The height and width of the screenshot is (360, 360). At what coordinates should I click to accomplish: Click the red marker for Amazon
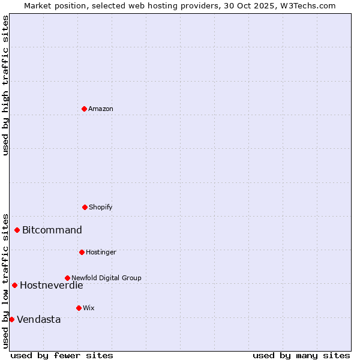85,109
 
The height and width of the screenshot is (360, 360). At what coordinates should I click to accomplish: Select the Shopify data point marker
85,207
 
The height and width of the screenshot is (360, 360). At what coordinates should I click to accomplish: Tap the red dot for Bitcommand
17,230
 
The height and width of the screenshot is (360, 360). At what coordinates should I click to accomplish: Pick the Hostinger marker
82,252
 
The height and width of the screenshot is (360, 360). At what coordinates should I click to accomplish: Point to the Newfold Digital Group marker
67,278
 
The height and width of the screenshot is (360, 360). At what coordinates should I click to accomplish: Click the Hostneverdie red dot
14,285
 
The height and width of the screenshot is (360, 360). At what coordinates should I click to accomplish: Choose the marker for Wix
79,308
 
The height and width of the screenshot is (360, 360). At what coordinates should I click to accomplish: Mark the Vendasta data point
11,319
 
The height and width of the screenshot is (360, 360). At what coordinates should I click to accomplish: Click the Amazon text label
101,109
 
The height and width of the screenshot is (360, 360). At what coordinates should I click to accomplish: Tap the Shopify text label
101,208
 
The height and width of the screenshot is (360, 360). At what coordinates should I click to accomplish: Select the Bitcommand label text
52,230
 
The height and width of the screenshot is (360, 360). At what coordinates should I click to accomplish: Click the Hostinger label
101,253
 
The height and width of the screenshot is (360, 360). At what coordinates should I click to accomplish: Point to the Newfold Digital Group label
106,278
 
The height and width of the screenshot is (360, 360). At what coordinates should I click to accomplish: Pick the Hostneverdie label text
52,286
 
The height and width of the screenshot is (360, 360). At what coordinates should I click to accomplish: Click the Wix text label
89,308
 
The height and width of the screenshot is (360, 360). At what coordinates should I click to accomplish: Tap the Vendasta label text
39,320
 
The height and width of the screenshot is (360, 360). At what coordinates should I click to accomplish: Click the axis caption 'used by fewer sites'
62,355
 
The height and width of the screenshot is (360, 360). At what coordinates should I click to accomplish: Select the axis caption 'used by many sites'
301,355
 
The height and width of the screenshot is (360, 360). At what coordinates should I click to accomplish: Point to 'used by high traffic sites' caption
6,85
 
